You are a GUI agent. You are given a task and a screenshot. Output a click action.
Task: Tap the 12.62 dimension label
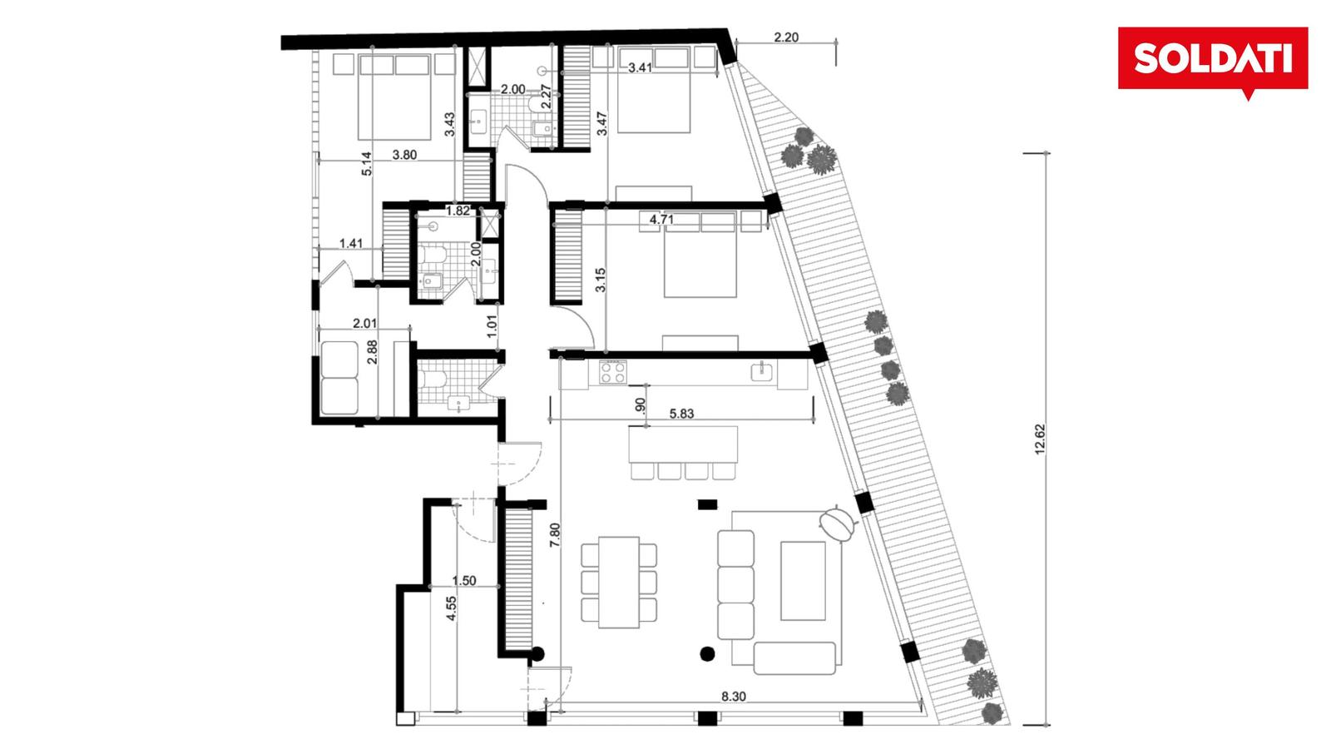[1039, 439]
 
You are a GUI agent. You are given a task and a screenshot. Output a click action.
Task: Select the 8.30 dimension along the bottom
[733, 696]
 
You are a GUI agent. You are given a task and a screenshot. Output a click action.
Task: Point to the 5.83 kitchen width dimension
[681, 413]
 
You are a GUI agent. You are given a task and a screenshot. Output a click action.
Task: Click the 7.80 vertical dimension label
[554, 535]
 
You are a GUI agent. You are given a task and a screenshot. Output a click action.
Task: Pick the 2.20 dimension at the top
[786, 37]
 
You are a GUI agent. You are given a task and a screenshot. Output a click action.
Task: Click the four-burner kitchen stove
[612, 373]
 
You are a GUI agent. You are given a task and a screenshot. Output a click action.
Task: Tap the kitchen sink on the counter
[762, 371]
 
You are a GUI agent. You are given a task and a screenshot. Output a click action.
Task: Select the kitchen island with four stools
[683, 453]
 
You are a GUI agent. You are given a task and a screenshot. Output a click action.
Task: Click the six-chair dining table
[619, 583]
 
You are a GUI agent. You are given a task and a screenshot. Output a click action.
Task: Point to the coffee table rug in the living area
[803, 581]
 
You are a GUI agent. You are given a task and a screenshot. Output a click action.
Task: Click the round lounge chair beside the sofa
[837, 523]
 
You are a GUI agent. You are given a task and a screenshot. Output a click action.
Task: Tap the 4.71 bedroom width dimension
[661, 220]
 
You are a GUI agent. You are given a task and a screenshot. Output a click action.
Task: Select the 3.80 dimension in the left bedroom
[404, 155]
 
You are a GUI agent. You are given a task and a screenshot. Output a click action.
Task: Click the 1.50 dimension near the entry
[464, 581]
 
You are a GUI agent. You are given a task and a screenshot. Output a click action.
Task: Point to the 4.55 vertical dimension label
[452, 608]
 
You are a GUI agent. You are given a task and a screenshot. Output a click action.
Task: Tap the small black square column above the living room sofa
[707, 504]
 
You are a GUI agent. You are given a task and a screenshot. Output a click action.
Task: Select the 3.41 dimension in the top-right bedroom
[640, 67]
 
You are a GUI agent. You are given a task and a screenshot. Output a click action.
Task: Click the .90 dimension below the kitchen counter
[640, 405]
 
